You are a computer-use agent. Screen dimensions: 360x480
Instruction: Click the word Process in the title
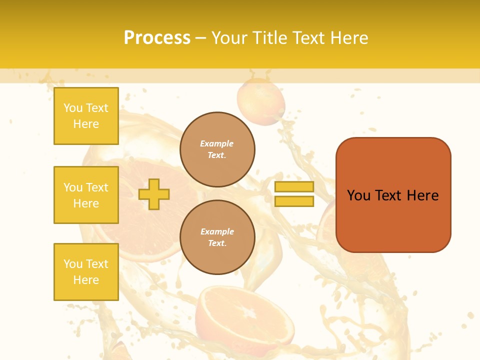point(157,38)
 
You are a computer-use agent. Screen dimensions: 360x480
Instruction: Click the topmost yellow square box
point(86,116)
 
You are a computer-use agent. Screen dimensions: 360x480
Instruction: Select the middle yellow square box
point(86,195)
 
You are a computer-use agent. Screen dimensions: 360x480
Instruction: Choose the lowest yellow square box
point(86,272)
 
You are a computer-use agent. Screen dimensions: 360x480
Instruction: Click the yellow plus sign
point(154,194)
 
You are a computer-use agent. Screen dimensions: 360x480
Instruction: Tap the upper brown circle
point(217,149)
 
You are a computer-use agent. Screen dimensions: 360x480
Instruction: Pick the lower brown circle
point(217,237)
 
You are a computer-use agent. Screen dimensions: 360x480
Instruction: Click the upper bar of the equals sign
point(294,186)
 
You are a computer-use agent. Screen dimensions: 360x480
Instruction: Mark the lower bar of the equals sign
point(294,201)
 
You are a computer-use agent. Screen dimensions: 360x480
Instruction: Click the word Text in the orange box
point(389,195)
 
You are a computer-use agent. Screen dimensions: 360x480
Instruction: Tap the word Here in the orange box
point(422,195)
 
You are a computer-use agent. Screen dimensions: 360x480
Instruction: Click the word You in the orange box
point(359,195)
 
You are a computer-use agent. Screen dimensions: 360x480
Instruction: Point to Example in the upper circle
point(217,143)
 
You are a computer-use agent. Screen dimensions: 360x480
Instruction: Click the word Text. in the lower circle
point(217,243)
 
